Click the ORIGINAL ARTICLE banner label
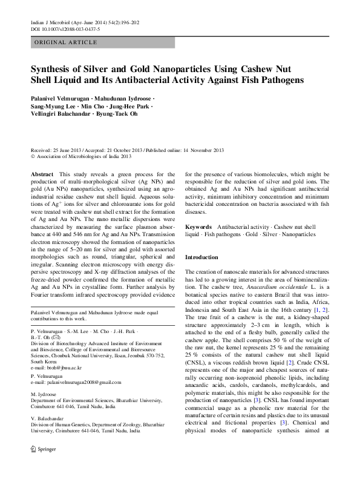(x=65, y=42)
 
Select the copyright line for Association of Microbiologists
(x=82, y=156)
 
